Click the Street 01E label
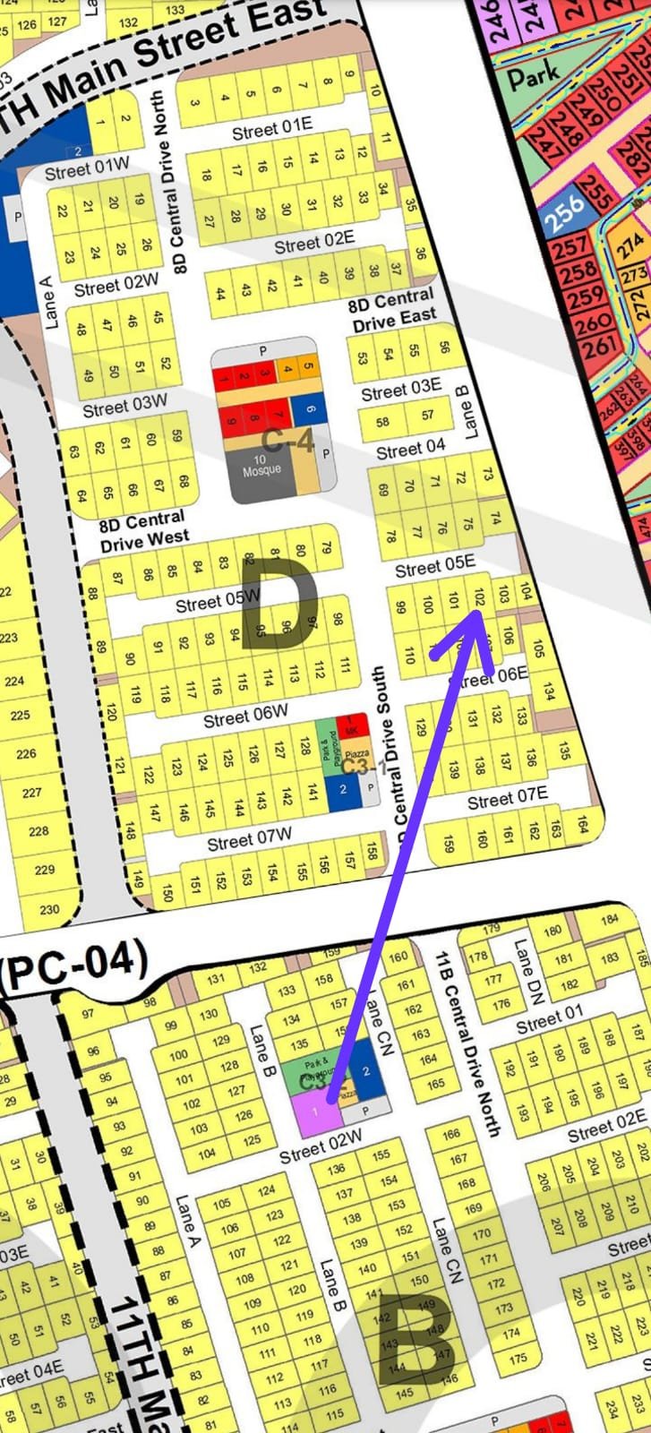(x=272, y=129)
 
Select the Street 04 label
(x=410, y=450)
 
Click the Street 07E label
(x=507, y=798)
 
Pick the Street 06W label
(x=245, y=716)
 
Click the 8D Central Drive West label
(x=143, y=530)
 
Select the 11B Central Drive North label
(x=467, y=1044)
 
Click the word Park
(x=534, y=75)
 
